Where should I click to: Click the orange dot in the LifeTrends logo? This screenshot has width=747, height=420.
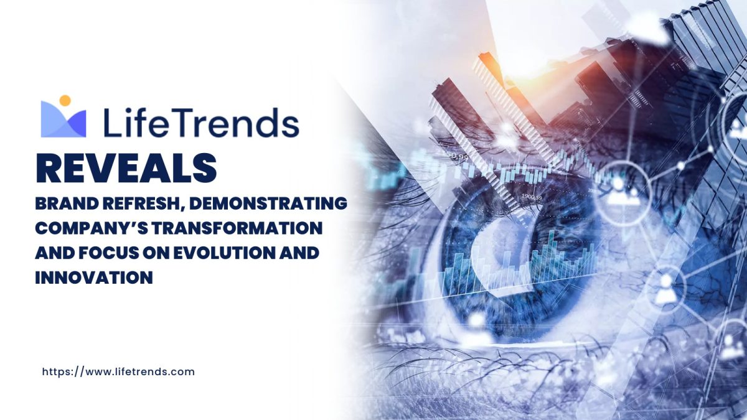coord(65,101)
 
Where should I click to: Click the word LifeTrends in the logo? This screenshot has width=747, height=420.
coord(202,123)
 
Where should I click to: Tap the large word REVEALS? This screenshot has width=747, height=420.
coord(126,168)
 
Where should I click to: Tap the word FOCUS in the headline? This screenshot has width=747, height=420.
coord(108,253)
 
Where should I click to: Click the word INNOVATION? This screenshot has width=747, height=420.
coord(94,278)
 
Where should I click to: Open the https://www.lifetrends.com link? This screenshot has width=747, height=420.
coord(118,372)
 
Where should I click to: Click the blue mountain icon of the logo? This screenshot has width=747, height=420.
coord(63,119)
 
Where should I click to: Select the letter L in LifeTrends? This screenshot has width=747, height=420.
coord(111,123)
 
